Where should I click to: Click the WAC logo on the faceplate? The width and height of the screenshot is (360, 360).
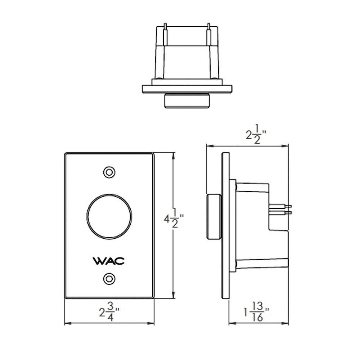(x=109, y=261)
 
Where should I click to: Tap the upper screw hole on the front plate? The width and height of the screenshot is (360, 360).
(x=109, y=172)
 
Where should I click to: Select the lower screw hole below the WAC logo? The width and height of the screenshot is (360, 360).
(x=109, y=279)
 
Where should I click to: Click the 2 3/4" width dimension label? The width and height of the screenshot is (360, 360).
(x=109, y=312)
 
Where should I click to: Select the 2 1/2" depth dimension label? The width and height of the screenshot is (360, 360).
(x=256, y=135)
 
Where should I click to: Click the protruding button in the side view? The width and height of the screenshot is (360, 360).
(x=214, y=217)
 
